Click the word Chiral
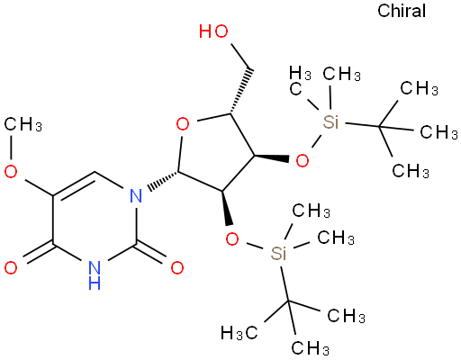[402, 11]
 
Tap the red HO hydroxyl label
[213, 31]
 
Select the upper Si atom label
[330, 121]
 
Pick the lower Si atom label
[278, 254]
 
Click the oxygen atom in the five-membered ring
[183, 124]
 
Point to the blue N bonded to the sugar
[136, 196]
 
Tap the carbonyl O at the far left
[11, 267]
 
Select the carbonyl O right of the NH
[177, 267]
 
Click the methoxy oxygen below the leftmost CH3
[11, 172]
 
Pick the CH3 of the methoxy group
[23, 124]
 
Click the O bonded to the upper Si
[303, 160]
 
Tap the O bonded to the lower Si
[232, 239]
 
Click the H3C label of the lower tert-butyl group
[240, 333]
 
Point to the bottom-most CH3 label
[311, 348]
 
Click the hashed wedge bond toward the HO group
[241, 92]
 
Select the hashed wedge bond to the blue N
[163, 181]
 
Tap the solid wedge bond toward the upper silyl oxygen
[272, 157]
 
